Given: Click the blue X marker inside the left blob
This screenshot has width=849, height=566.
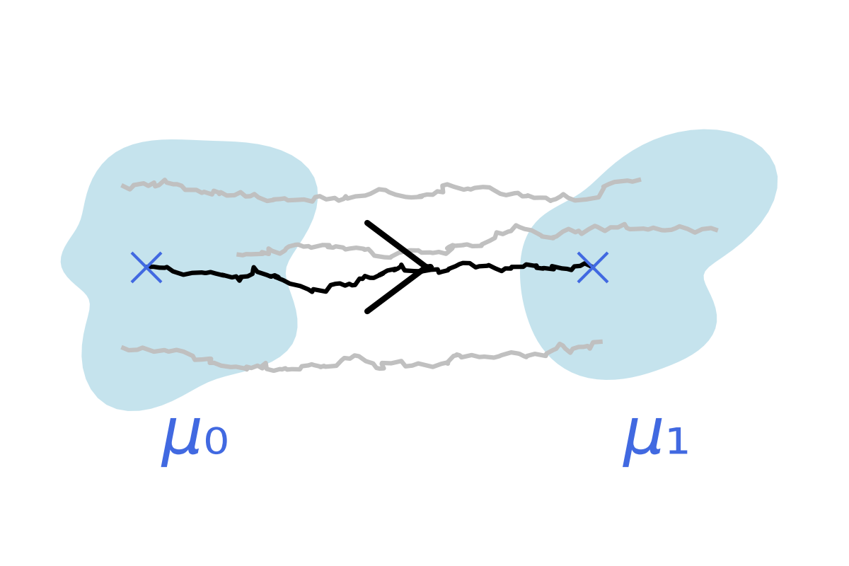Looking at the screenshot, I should point(146,267).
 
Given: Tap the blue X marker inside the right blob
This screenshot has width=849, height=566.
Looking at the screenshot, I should point(592,267).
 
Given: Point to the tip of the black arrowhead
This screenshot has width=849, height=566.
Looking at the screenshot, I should point(427,267).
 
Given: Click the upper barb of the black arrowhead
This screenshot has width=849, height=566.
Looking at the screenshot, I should point(395,244).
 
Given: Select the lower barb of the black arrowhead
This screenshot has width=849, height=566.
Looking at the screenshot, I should point(395,290).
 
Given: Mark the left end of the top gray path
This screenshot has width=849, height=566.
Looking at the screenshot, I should point(123,187).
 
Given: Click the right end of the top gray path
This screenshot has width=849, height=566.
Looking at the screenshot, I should point(639,180).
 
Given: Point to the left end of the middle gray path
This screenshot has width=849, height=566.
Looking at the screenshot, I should point(239,255).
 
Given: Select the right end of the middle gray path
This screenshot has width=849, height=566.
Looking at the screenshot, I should point(716,230).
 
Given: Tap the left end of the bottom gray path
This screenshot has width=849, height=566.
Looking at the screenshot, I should point(123,348).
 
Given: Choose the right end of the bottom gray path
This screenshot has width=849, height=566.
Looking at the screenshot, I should point(601,342).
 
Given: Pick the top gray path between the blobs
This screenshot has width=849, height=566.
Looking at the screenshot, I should point(424,192).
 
